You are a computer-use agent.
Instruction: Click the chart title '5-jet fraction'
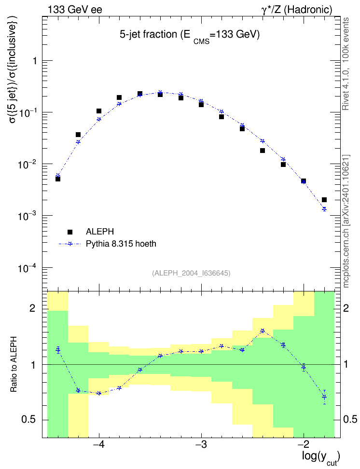click(149, 35)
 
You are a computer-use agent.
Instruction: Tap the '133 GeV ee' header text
click(75, 10)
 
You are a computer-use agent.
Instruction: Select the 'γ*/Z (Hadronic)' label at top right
click(297, 10)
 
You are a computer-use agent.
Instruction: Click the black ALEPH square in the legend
click(70, 232)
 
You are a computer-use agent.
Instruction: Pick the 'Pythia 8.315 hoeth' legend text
click(121, 244)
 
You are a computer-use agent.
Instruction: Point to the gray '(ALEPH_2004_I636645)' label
click(191, 273)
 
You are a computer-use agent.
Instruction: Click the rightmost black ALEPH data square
click(324, 200)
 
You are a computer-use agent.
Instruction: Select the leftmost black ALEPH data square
click(58, 179)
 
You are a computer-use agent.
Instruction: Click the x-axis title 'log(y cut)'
click(321, 457)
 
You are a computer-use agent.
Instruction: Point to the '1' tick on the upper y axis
click(35, 61)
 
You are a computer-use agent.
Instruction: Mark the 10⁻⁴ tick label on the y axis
click(27, 268)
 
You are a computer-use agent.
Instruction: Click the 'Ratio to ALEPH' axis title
click(14, 364)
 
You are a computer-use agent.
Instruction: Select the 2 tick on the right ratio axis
click(346, 308)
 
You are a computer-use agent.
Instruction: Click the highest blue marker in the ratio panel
click(263, 331)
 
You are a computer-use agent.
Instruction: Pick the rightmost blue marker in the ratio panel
click(324, 397)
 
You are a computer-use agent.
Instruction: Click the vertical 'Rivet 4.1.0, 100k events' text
click(346, 64)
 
